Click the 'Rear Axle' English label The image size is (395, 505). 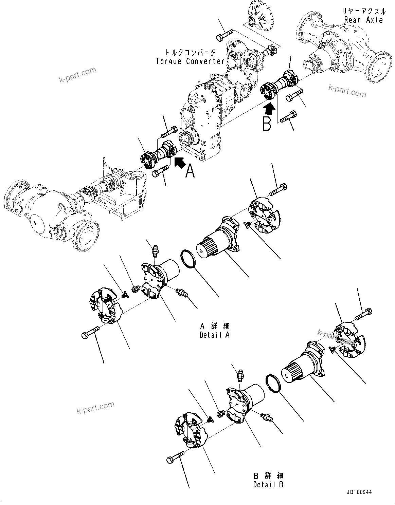(363, 20)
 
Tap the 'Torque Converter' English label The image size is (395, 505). (190, 61)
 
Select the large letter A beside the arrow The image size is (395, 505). (190, 170)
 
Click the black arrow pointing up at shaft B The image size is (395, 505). (269, 109)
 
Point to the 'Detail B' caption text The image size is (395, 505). (268, 485)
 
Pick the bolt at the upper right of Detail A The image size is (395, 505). (279, 189)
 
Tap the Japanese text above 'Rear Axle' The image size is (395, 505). (363, 11)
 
